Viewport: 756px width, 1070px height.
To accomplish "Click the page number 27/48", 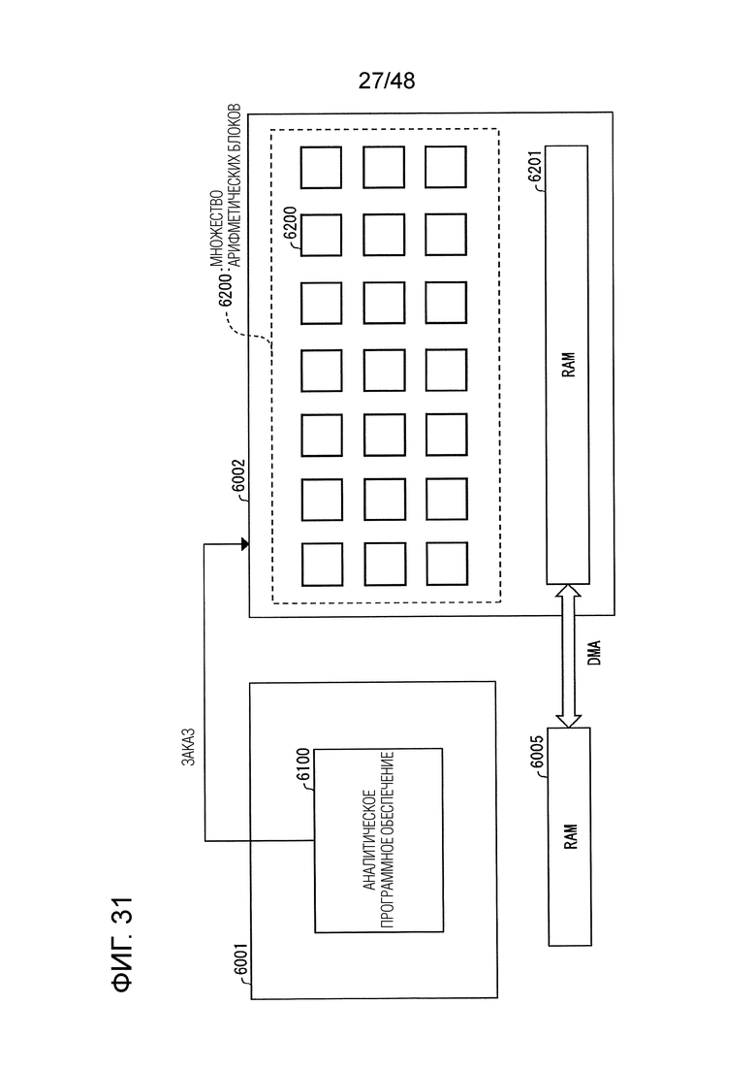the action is (x=387, y=81).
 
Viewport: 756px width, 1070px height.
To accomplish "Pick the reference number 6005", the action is (x=537, y=752).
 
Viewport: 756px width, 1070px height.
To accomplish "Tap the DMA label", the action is (x=594, y=652).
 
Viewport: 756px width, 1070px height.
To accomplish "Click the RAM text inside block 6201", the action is (x=569, y=365).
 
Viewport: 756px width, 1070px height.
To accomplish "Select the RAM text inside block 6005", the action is (x=571, y=836).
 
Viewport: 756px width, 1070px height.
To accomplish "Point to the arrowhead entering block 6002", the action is (x=243, y=544).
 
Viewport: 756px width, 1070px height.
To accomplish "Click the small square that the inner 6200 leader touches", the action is (x=321, y=236).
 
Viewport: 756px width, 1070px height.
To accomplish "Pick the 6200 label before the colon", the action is (x=227, y=287).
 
